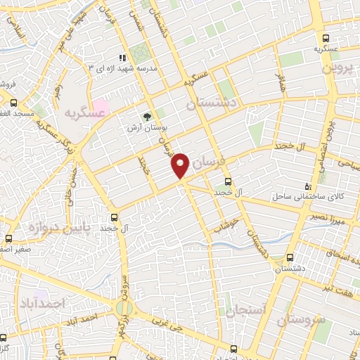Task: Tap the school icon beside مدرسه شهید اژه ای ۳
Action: [122, 58]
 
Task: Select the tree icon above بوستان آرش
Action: [146, 117]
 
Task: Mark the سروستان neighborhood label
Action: [302, 320]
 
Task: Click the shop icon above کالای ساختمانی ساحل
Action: [307, 186]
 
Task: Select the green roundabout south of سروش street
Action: [124, 307]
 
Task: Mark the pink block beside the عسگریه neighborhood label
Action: [101, 108]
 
